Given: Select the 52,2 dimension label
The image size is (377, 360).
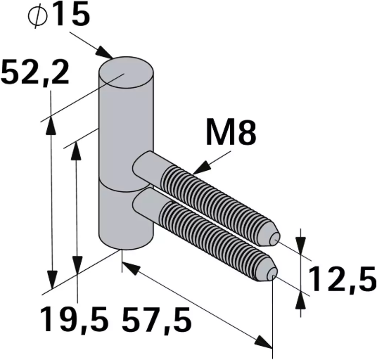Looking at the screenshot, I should click(x=35, y=72).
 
